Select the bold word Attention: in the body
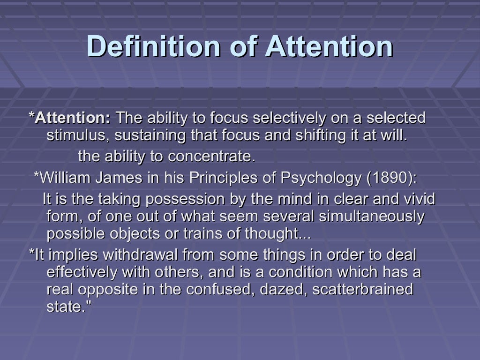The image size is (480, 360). pyautogui.click(x=73, y=117)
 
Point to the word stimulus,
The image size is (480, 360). pyautogui.click(x=78, y=136)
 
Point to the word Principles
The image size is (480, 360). pyautogui.click(x=221, y=178)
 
